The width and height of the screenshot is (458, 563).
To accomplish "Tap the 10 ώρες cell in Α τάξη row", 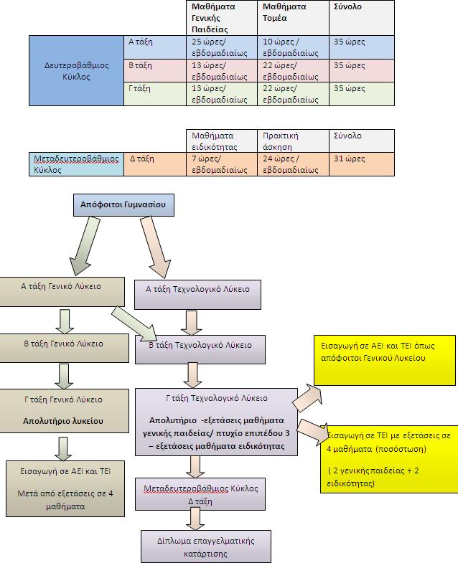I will click(293, 47).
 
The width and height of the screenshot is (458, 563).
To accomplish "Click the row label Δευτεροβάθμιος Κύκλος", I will click(76, 70).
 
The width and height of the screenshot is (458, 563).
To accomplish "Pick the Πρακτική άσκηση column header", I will click(293, 141).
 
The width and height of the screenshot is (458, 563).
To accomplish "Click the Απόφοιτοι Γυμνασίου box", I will click(123, 205).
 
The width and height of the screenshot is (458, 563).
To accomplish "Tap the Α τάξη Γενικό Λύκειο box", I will click(61, 287).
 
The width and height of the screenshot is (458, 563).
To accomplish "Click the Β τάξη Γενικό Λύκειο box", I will click(61, 344).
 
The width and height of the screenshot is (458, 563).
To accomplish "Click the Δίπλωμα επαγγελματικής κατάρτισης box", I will click(196, 547).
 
